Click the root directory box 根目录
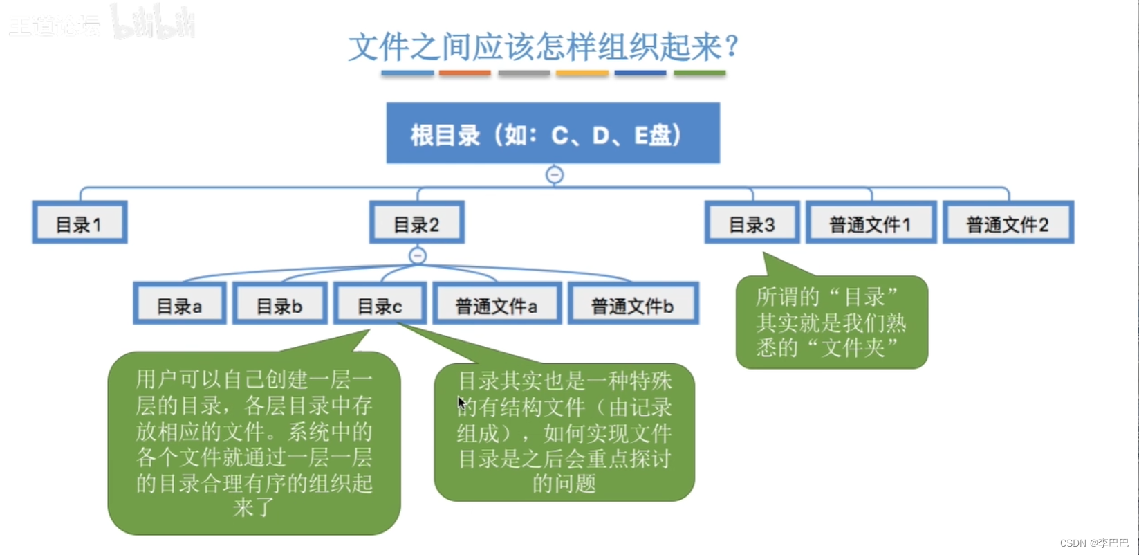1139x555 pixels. point(553,133)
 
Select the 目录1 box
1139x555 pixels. point(80,223)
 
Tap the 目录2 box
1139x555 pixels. point(416,223)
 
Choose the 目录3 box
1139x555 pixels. point(752,223)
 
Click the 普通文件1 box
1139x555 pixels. point(871,223)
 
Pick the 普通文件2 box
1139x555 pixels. point(1008,223)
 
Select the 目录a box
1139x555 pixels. point(179,304)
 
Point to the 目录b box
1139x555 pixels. point(279,304)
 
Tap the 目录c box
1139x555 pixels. point(380,304)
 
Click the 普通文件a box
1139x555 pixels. point(497,304)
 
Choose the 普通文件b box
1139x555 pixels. point(633,304)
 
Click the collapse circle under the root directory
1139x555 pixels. point(555,175)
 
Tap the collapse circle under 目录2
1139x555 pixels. point(418,256)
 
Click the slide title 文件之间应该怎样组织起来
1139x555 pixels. point(544,47)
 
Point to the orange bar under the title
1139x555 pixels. point(465,73)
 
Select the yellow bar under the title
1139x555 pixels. point(582,73)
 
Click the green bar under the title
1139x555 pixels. point(699,73)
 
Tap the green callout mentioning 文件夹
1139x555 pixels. point(831,322)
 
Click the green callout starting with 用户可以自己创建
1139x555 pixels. point(254,443)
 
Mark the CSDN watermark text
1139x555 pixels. point(1093,543)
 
